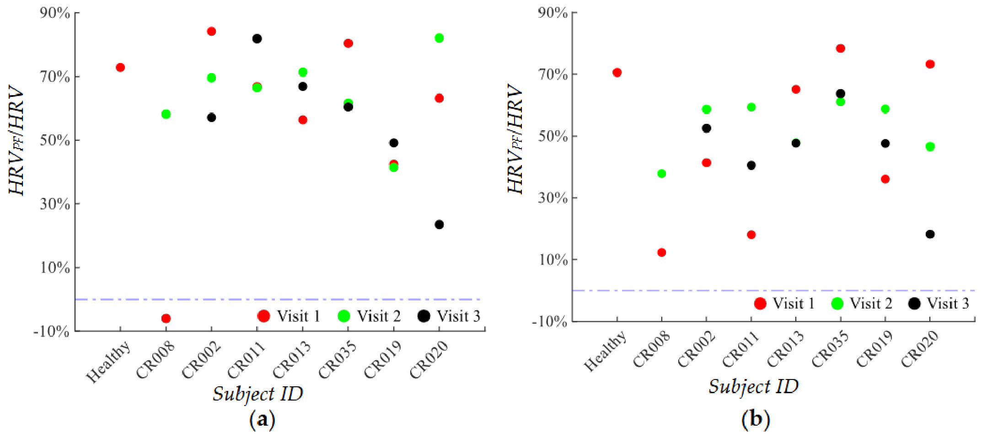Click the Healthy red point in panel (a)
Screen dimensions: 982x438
(120, 68)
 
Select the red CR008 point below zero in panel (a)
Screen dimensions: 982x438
(166, 318)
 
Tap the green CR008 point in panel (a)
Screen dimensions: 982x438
(166, 114)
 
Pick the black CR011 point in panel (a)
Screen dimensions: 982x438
(257, 39)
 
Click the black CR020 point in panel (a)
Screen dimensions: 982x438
(439, 224)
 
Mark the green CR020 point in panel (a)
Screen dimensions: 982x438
(439, 38)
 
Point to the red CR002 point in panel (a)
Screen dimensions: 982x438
(211, 32)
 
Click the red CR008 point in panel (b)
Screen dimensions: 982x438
(661, 252)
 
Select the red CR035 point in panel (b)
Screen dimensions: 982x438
(840, 48)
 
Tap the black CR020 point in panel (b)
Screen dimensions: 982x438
(930, 234)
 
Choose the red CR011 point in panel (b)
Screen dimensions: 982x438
(751, 235)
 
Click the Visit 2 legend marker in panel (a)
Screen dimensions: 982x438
(343, 316)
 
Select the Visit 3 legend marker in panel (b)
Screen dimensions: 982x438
(914, 304)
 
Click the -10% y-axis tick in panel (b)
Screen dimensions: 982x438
(549, 321)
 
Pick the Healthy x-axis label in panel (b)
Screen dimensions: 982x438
(605, 352)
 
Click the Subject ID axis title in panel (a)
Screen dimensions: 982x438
(258, 394)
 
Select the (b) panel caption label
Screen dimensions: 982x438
(756, 419)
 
